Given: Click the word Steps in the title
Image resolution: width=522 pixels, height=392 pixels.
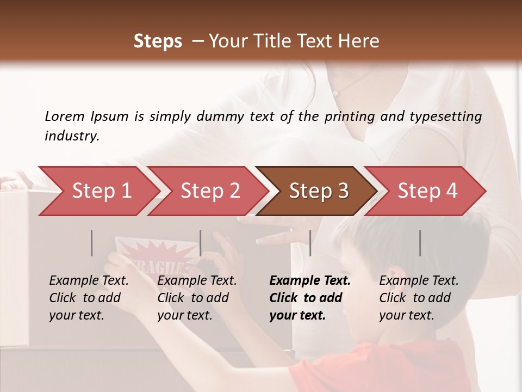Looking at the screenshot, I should coord(158,41).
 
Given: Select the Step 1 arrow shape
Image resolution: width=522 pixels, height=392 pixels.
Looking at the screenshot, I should coord(98,191).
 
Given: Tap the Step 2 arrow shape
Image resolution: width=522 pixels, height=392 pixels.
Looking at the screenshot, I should coord(209,191).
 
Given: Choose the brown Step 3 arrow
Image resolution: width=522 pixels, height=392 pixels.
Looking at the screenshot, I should coord(318,191).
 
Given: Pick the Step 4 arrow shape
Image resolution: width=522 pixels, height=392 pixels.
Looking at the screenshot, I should coord(427,191).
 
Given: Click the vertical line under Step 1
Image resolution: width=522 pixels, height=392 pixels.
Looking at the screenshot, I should coord(92,243).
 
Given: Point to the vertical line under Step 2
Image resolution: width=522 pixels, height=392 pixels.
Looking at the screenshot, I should coord(201,243).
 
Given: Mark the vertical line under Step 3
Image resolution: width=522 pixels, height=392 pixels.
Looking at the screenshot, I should coord(310,243).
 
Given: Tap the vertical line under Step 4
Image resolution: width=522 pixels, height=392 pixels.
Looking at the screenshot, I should coord(420,243).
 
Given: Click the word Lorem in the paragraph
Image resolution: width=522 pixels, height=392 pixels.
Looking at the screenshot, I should coord(65,117).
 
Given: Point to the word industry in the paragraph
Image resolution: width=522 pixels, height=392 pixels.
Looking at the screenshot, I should coord(71,136).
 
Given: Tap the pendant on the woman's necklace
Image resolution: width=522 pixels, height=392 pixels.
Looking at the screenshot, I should coord(336,94).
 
